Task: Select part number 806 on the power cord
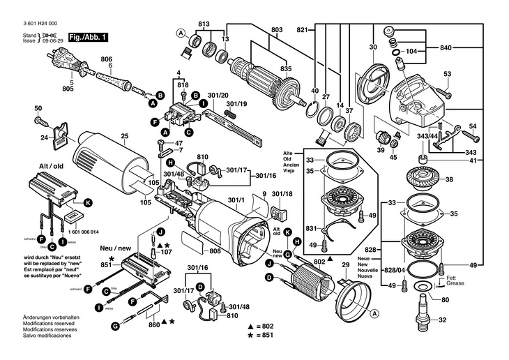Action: coord(106,60)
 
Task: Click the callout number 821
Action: coord(302,30)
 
